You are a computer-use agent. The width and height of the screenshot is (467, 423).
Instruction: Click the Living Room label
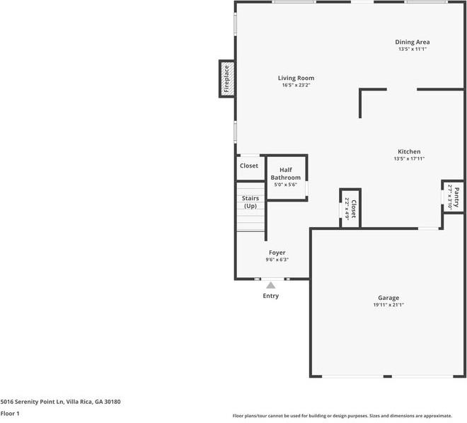click(296, 78)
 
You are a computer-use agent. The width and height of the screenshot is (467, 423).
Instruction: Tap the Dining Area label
click(412, 42)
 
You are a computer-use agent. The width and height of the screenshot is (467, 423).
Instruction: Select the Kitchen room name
click(409, 151)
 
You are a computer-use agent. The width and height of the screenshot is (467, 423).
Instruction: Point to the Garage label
click(388, 298)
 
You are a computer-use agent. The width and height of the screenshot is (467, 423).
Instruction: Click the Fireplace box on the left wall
click(227, 79)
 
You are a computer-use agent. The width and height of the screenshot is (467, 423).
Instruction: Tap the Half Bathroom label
click(286, 173)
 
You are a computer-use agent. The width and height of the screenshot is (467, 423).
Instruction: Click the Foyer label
click(277, 253)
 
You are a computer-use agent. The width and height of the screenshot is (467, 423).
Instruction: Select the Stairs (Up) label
click(250, 202)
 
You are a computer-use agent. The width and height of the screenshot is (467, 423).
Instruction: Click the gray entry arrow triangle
click(270, 284)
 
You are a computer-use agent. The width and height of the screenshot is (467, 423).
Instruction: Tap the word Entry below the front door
click(271, 296)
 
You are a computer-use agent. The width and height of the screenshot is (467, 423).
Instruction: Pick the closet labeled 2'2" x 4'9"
click(351, 209)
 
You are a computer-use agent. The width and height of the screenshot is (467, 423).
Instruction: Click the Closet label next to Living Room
click(249, 166)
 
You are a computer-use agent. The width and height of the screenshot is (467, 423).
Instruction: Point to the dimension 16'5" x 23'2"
click(296, 86)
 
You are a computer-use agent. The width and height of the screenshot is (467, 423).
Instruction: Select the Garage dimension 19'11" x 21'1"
click(388, 305)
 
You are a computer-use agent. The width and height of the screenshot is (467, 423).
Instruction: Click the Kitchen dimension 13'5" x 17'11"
click(409, 159)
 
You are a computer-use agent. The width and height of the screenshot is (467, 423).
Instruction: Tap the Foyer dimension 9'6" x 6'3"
click(277, 260)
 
